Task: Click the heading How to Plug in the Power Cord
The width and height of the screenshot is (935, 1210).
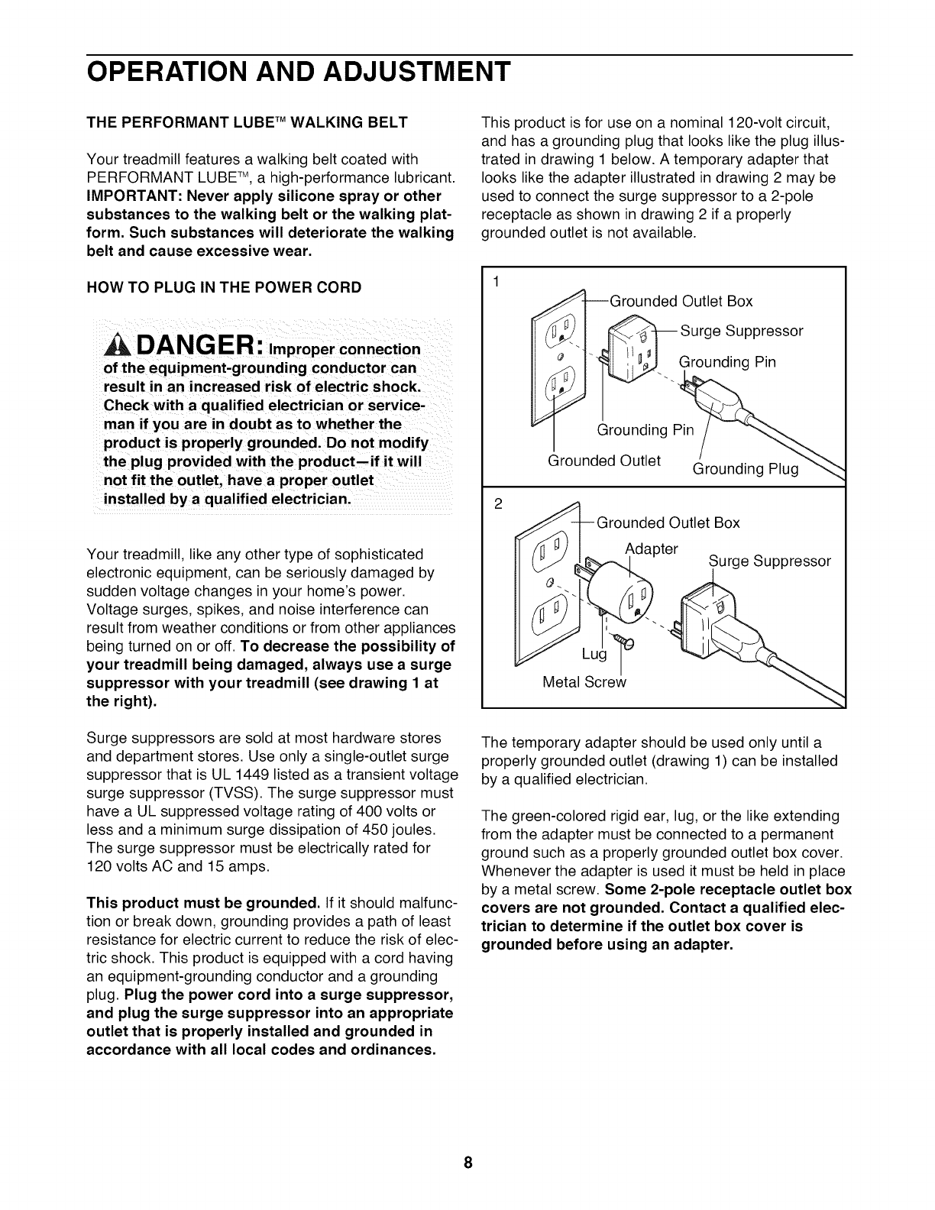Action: coord(225,288)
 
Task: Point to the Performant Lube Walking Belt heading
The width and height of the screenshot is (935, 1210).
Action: coord(248,122)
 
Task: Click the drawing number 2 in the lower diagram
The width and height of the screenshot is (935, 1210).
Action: coord(497,503)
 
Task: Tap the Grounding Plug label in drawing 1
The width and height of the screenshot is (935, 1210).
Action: coord(745,469)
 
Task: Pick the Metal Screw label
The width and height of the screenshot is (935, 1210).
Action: coord(584,682)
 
